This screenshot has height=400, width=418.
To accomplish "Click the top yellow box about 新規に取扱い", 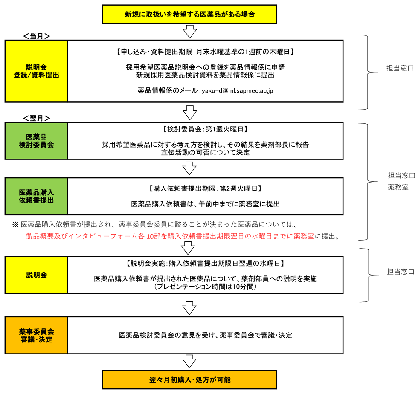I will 189,14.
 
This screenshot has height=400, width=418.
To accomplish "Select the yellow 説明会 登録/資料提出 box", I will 36,71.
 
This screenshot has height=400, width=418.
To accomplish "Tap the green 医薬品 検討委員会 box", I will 36,140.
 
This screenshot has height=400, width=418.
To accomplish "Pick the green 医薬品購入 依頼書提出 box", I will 36,196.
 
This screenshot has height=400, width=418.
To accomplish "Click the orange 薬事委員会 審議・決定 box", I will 36,335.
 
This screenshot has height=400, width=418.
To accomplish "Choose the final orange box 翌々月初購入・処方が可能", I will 189,380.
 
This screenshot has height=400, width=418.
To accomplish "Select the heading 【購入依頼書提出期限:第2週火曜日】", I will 205,188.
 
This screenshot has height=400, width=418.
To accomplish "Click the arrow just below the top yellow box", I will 189,32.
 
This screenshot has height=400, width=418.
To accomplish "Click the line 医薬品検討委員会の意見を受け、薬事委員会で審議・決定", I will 205,335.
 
